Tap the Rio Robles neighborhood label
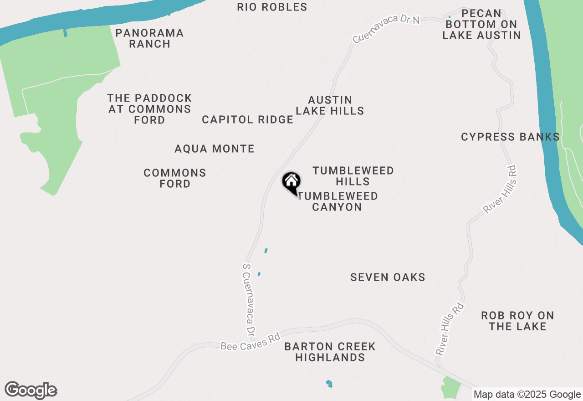[272, 7]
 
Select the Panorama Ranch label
[149, 38]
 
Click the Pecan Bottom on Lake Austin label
[481, 24]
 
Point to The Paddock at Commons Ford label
[149, 109]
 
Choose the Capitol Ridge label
[247, 119]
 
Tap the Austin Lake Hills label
[330, 105]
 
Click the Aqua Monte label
[215, 149]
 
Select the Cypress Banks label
[510, 137]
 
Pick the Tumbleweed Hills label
[353, 176]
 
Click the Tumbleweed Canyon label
[338, 201]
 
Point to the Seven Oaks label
[388, 277]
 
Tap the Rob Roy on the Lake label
[517, 321]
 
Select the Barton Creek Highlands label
[330, 352]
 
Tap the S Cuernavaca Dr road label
[249, 298]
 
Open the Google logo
[31, 390]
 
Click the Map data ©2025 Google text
[527, 395]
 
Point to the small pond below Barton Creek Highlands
[329, 384]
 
